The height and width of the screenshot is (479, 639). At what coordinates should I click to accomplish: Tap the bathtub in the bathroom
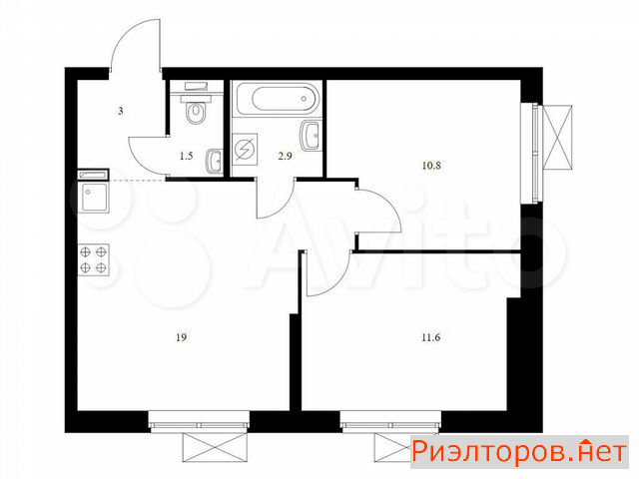coord(278,99)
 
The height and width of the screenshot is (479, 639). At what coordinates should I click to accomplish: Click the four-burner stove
coord(93,259)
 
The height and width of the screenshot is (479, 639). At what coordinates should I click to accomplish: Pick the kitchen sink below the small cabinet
coord(93,198)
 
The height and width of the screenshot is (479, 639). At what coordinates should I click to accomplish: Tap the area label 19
coord(182,337)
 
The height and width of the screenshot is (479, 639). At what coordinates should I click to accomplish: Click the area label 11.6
coord(431,337)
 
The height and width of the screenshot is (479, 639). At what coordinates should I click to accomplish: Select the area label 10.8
coord(431,166)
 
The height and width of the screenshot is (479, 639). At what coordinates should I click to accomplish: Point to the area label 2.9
coord(285,156)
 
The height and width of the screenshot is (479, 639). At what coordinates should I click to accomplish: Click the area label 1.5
coord(187,156)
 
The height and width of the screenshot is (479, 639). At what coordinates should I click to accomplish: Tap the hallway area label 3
coord(121,111)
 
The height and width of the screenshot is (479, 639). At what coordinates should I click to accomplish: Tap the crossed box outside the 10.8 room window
coord(557,137)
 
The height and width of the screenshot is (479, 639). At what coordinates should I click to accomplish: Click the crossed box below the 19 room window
coord(215,447)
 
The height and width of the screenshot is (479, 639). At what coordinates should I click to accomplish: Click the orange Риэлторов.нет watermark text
coord(519,452)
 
